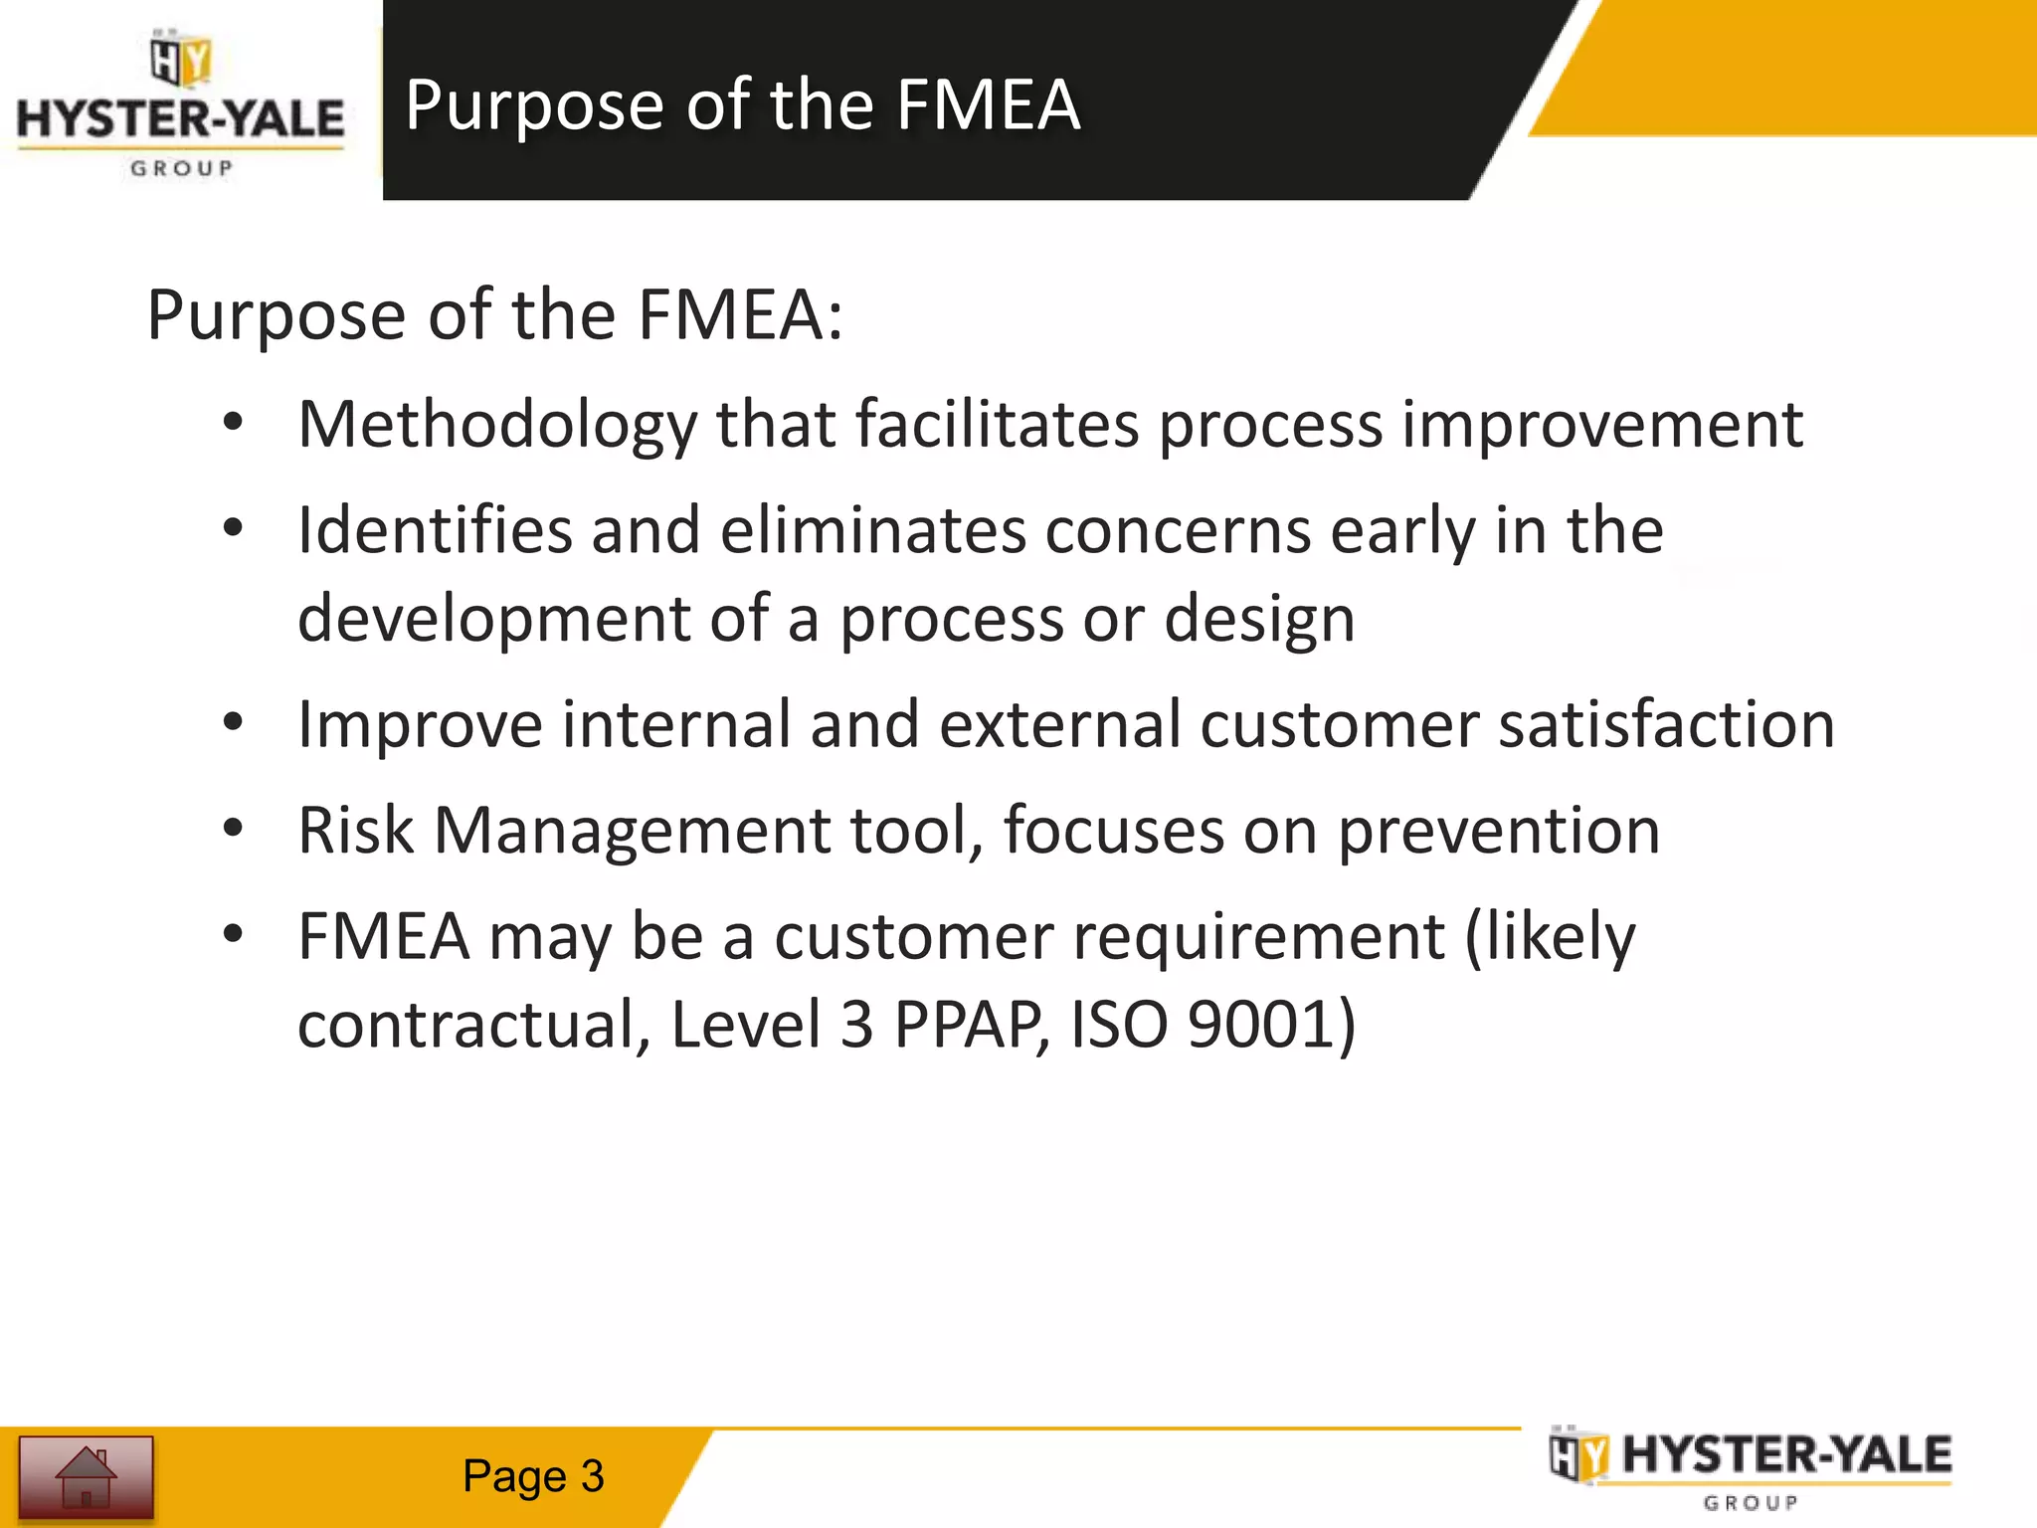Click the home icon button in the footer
87,1476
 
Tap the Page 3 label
533,1476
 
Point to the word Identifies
435,530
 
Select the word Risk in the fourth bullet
355,831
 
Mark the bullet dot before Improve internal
233,723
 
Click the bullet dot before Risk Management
233,829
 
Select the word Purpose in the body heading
277,315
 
